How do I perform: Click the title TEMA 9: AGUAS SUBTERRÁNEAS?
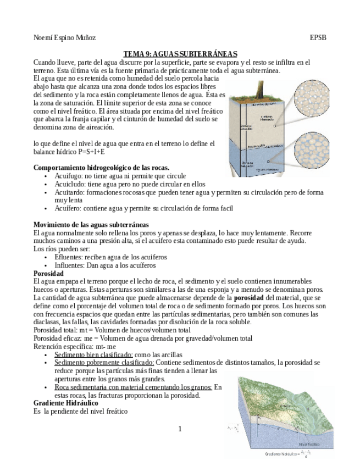(180, 53)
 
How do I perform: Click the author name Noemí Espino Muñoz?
(64, 38)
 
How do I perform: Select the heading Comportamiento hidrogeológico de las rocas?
(101, 167)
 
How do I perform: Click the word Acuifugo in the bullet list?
(69, 175)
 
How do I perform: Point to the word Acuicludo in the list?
(70, 184)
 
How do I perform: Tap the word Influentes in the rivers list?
(71, 265)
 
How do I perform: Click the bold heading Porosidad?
(48, 273)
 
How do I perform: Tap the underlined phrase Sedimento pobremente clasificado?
(104, 363)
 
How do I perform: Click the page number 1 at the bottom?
(180, 429)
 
